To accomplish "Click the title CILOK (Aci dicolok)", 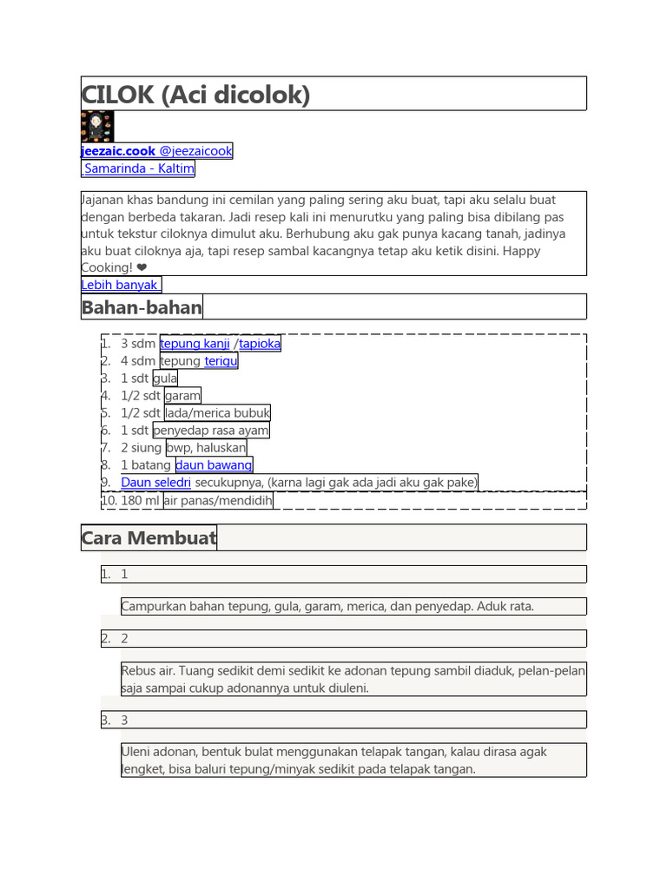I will (195, 94).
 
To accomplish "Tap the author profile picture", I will (97, 127).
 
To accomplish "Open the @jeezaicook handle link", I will (196, 151).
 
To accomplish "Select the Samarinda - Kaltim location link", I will (139, 168).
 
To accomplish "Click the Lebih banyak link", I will (121, 285).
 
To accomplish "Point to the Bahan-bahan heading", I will (142, 307).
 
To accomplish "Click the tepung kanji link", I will (195, 344).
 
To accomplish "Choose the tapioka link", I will (260, 344).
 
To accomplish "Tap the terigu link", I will (221, 361).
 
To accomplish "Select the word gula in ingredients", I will (165, 379).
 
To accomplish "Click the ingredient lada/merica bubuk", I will (217, 413).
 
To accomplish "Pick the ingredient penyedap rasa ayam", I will (211, 431).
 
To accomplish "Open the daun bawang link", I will (214, 465).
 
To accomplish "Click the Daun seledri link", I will (156, 483).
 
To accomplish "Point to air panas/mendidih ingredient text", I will (218, 501).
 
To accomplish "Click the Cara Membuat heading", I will (149, 538).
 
